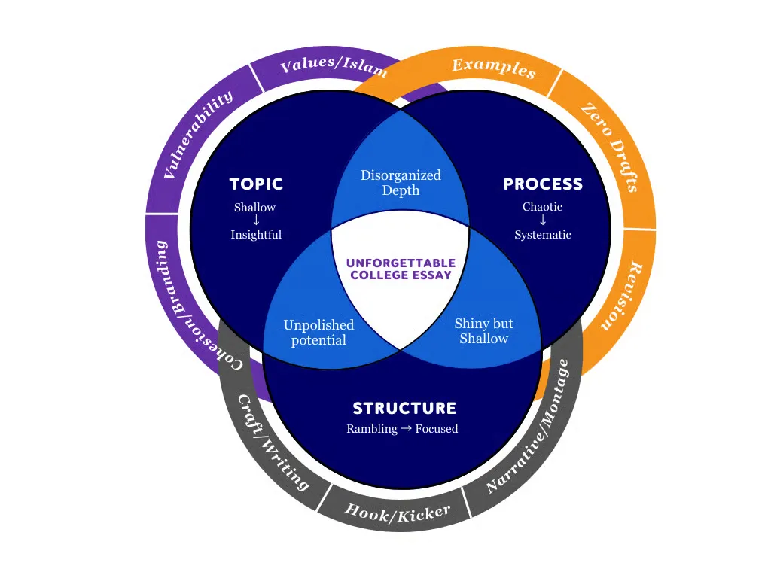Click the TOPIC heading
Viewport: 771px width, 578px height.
(x=256, y=184)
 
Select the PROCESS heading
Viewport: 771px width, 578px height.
(x=543, y=184)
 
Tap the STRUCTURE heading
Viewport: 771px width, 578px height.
(x=404, y=409)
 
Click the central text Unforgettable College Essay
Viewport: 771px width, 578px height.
(x=401, y=269)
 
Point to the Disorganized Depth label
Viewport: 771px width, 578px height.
(x=401, y=183)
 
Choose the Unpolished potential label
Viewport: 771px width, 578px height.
(x=318, y=333)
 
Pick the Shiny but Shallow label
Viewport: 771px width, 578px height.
(x=483, y=331)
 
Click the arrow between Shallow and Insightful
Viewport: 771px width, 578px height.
(x=256, y=221)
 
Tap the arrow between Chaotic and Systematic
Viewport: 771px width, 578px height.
(x=543, y=221)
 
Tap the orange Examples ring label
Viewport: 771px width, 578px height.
(x=494, y=67)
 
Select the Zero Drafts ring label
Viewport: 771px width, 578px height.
(x=609, y=148)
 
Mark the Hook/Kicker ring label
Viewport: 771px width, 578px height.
(x=397, y=513)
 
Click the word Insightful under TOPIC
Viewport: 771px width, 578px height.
(x=256, y=235)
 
